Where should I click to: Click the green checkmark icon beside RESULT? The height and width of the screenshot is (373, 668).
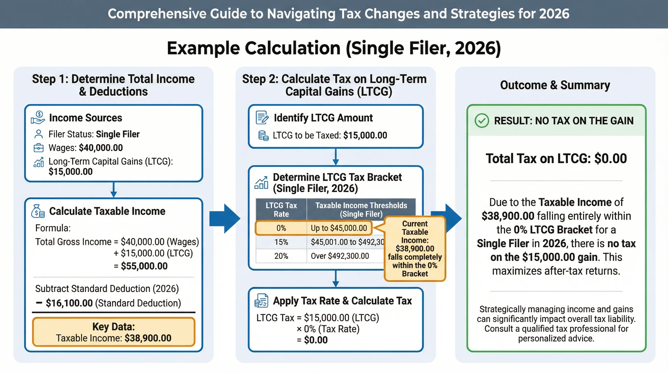pos(482,121)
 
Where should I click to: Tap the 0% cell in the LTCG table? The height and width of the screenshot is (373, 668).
pos(281,228)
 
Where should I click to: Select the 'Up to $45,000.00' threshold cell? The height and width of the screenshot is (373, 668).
pos(339,228)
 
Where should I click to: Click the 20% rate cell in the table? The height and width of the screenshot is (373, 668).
pos(281,256)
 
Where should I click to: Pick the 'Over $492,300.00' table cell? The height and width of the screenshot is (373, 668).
pos(340,256)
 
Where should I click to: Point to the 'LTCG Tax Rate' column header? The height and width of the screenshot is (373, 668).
pos(281,210)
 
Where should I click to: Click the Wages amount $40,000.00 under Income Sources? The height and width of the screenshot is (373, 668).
pos(101,148)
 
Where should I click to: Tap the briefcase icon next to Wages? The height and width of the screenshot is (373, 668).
pos(39,148)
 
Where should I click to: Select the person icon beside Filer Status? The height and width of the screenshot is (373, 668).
pos(39,134)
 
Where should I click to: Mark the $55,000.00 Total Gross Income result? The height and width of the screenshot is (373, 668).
pos(144,266)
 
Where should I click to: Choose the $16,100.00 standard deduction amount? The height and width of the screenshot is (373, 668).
pos(69,303)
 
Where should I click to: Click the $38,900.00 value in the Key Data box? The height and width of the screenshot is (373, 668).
pos(148,338)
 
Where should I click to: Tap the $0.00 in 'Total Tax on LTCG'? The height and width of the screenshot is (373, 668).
pos(610,159)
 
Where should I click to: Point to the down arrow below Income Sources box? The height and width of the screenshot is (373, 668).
pos(114,190)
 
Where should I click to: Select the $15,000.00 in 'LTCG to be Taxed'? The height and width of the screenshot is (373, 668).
pos(365,136)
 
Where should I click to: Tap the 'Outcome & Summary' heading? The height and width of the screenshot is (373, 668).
pos(555,85)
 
